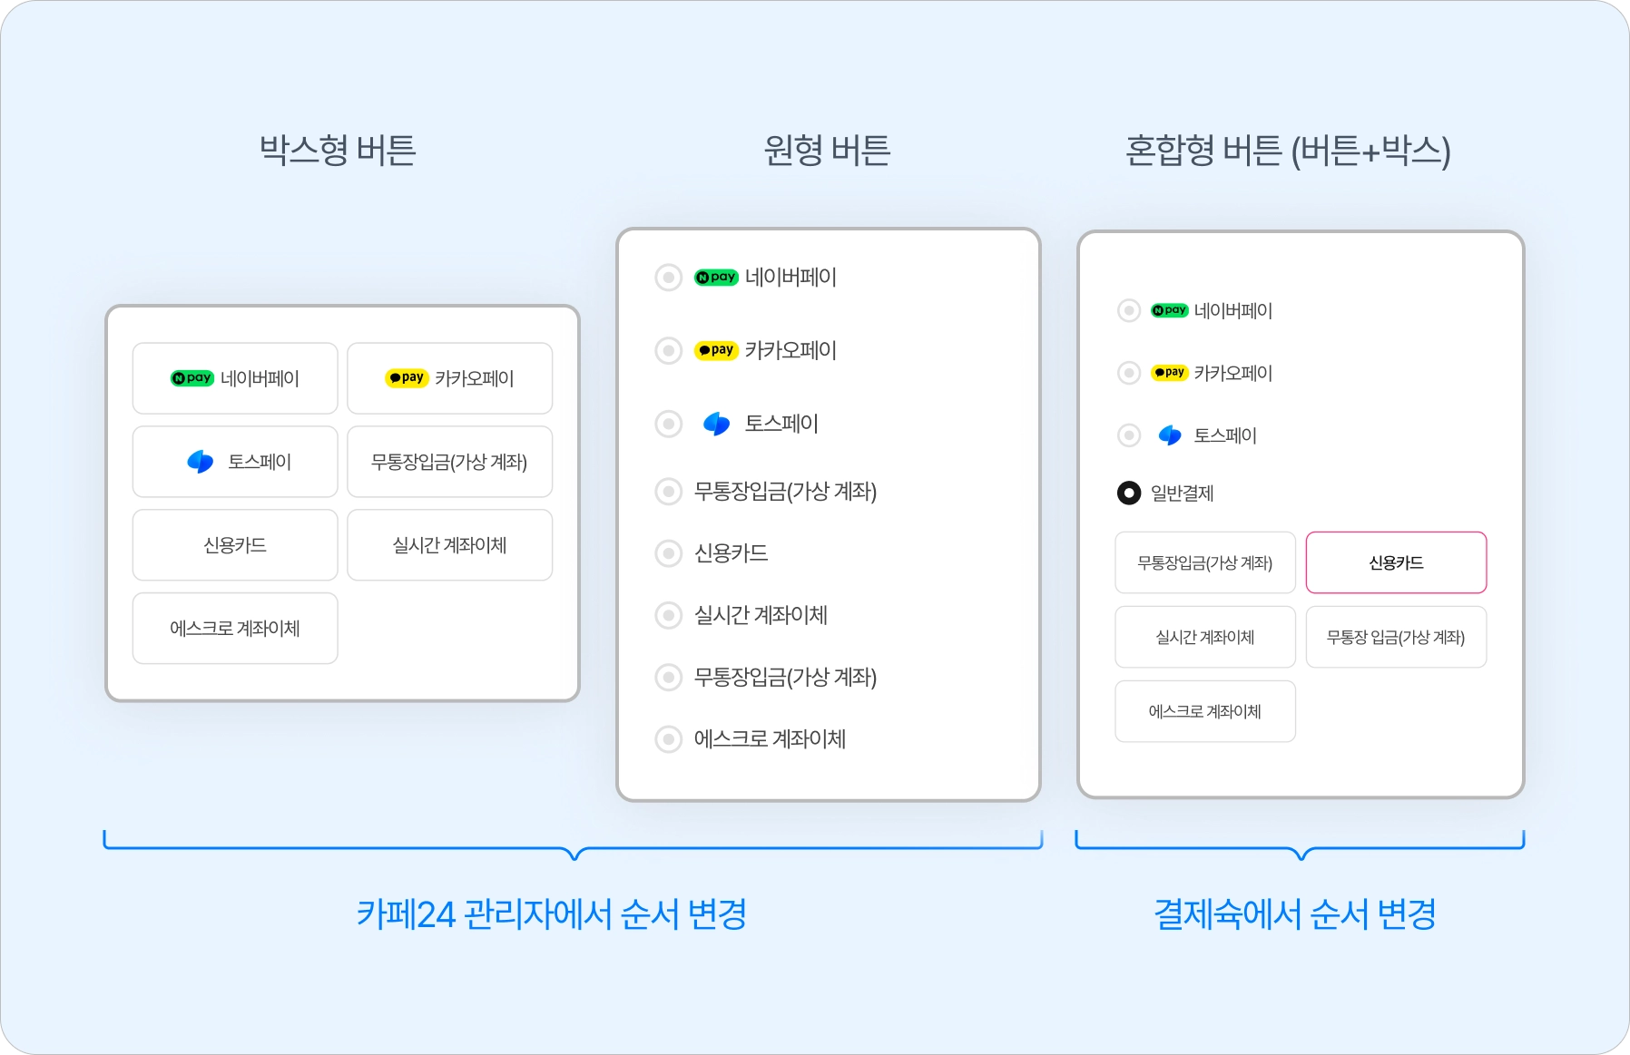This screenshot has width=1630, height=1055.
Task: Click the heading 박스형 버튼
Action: pyautogui.click(x=338, y=150)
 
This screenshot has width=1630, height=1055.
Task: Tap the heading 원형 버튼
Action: pyautogui.click(x=827, y=150)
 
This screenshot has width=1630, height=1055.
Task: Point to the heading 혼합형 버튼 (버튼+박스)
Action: pyautogui.click(x=1287, y=150)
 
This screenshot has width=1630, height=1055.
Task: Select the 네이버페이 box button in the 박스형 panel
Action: pyautogui.click(x=235, y=378)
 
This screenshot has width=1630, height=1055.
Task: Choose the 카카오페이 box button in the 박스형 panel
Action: pyautogui.click(x=449, y=378)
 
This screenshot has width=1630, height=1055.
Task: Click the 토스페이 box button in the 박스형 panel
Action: pyautogui.click(x=235, y=462)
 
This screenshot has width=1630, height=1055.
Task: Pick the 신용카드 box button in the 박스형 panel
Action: pyautogui.click(x=235, y=545)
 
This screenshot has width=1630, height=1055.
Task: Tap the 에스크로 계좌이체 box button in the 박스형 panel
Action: pyautogui.click(x=235, y=629)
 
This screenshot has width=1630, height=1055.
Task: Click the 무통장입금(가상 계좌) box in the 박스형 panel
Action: pyautogui.click(x=449, y=462)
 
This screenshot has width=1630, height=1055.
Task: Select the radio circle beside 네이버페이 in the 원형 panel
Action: pyautogui.click(x=669, y=278)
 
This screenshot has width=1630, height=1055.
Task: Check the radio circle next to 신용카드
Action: pyautogui.click(x=669, y=553)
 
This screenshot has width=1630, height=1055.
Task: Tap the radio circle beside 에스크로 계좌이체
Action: pyautogui.click(x=669, y=739)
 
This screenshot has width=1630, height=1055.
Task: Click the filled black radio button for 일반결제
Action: pyautogui.click(x=1129, y=493)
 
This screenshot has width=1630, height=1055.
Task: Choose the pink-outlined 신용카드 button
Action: pyautogui.click(x=1396, y=562)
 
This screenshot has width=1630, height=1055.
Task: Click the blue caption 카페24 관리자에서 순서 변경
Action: pyautogui.click(x=552, y=913)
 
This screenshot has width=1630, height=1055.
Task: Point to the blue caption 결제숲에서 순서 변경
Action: pyautogui.click(x=1295, y=913)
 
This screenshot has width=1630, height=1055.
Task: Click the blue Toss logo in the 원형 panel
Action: pyautogui.click(x=716, y=424)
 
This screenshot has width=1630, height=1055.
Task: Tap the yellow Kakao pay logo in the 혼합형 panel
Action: pyautogui.click(x=1169, y=373)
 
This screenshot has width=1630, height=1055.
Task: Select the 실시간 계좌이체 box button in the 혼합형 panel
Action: pyautogui.click(x=1205, y=637)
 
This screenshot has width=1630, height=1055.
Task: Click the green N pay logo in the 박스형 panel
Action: pyautogui.click(x=192, y=378)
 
